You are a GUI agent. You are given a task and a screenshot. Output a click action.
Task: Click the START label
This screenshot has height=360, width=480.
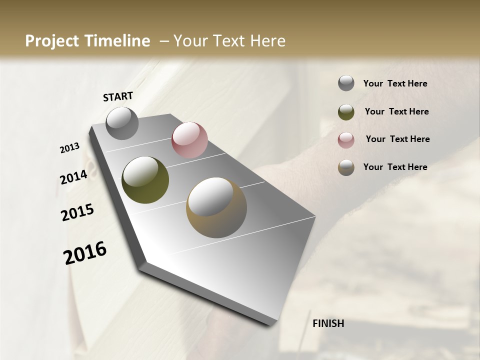click(x=118, y=96)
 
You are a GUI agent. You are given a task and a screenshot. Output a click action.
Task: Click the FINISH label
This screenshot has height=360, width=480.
click(x=328, y=323)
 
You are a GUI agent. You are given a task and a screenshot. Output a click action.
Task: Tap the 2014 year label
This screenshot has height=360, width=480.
click(x=73, y=177)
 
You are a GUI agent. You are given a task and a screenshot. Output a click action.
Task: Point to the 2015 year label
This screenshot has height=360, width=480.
click(x=77, y=212)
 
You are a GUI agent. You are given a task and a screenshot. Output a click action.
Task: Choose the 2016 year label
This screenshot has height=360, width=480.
click(x=85, y=253)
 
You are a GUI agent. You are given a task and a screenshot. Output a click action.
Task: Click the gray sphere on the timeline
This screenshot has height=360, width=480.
click(x=122, y=123)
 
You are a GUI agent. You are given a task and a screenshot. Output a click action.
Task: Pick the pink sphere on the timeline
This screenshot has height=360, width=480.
click(x=189, y=140)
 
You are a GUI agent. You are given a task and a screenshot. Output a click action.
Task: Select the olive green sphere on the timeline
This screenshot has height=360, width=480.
click(x=145, y=180)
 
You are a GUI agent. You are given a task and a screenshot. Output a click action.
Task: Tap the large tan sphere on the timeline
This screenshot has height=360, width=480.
click(x=216, y=207)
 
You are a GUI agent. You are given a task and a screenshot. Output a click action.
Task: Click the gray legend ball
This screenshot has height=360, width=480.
click(x=346, y=83)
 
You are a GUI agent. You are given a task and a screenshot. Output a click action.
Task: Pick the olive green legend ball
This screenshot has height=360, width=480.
click(x=346, y=112)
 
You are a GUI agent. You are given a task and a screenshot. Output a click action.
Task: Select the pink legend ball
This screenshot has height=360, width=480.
click(x=346, y=139)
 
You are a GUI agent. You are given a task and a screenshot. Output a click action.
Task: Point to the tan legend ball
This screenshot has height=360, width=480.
click(x=346, y=167)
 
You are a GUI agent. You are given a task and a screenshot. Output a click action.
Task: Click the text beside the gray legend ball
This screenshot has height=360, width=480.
click(x=395, y=84)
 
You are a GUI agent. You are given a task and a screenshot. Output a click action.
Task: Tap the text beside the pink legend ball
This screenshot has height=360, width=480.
click(x=397, y=139)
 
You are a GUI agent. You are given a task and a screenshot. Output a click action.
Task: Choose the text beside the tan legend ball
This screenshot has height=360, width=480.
click(x=395, y=167)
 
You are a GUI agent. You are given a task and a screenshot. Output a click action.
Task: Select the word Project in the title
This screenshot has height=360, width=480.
click(x=50, y=41)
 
